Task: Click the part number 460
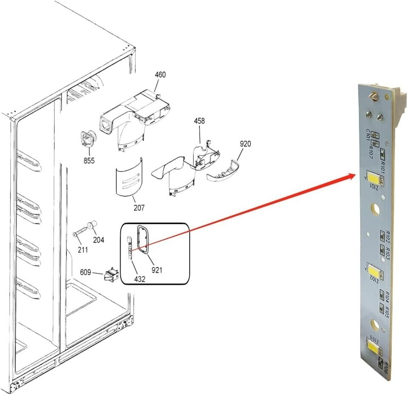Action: (160, 75)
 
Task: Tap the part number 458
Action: (199, 121)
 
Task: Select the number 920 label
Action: (245, 144)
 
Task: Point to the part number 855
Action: (89, 161)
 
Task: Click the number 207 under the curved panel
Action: (139, 208)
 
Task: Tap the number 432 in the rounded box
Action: (140, 279)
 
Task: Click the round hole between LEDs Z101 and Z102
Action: (376, 209)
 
